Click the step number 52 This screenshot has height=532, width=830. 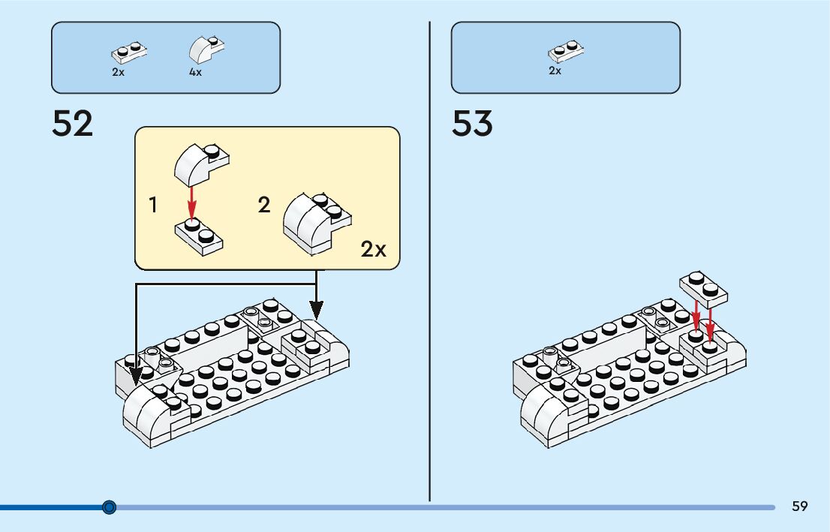(73, 124)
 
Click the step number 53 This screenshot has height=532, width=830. (472, 124)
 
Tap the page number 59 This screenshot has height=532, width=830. (799, 506)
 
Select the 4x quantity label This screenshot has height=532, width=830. (195, 73)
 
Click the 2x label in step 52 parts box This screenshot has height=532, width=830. (118, 73)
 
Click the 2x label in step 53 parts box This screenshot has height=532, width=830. (555, 71)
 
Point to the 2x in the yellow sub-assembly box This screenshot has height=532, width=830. (373, 249)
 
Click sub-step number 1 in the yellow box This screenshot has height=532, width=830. (153, 204)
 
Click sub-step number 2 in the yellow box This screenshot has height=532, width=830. (264, 204)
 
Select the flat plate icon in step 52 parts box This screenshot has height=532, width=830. (128, 53)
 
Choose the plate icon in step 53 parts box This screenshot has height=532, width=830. (566, 51)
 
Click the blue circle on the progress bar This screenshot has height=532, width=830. (110, 507)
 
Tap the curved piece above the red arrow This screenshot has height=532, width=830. (200, 164)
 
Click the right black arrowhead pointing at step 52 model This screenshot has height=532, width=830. (317, 308)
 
